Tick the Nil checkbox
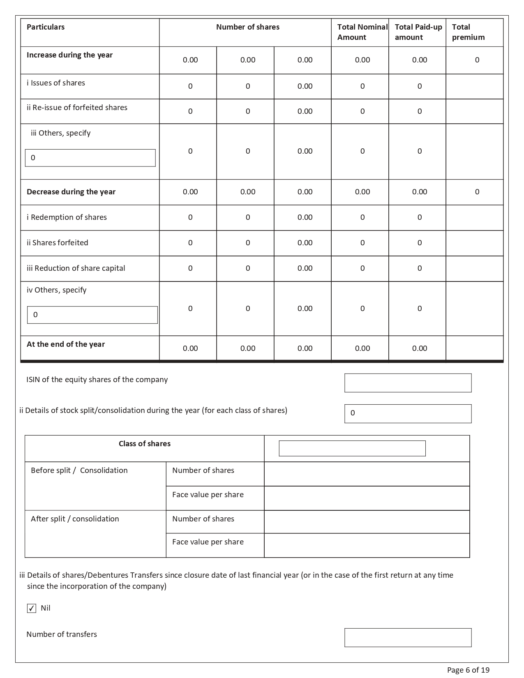[32, 608]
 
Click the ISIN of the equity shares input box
[408, 383]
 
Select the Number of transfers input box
[408, 638]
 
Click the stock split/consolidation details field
[408, 414]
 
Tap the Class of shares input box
[352, 448]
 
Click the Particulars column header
[46, 27]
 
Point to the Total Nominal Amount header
[362, 32]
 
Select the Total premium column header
[468, 32]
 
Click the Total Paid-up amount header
[418, 32]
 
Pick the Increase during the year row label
[69, 55]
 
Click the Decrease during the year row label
[71, 192]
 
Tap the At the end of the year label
[66, 344]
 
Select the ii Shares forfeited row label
[58, 243]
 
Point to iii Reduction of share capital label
[76, 268]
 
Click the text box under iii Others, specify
[90, 158]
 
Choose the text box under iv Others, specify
[92, 315]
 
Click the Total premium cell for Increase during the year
[477, 60]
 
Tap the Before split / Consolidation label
[79, 470]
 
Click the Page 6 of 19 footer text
[468, 670]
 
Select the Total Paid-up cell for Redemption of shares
[419, 217]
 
